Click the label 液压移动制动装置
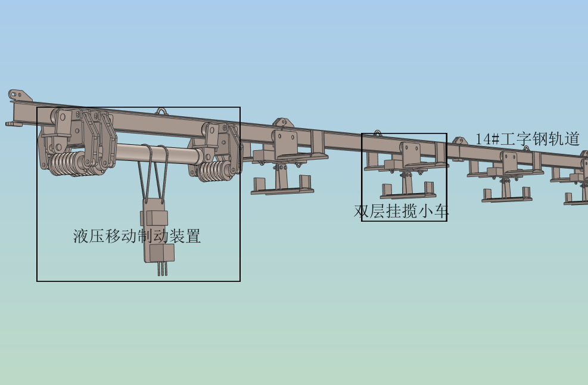click(x=137, y=236)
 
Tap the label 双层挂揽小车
click(x=401, y=211)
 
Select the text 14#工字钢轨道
click(x=528, y=139)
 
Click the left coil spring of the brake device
click(x=66, y=164)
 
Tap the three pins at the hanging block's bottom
click(x=163, y=269)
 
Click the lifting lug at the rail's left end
click(x=15, y=95)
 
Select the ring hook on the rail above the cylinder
click(x=161, y=111)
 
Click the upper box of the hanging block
click(x=155, y=218)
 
